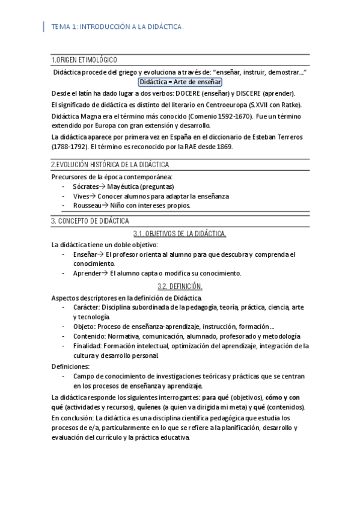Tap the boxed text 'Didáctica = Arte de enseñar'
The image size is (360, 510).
click(x=180, y=82)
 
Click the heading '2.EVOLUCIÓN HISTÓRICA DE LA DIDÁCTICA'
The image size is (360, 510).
click(x=111, y=165)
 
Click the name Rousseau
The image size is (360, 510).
click(x=89, y=206)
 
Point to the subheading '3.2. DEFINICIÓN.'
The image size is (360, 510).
click(x=180, y=286)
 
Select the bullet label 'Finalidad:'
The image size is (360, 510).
click(x=88, y=346)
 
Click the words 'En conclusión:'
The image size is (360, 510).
click(x=73, y=417)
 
